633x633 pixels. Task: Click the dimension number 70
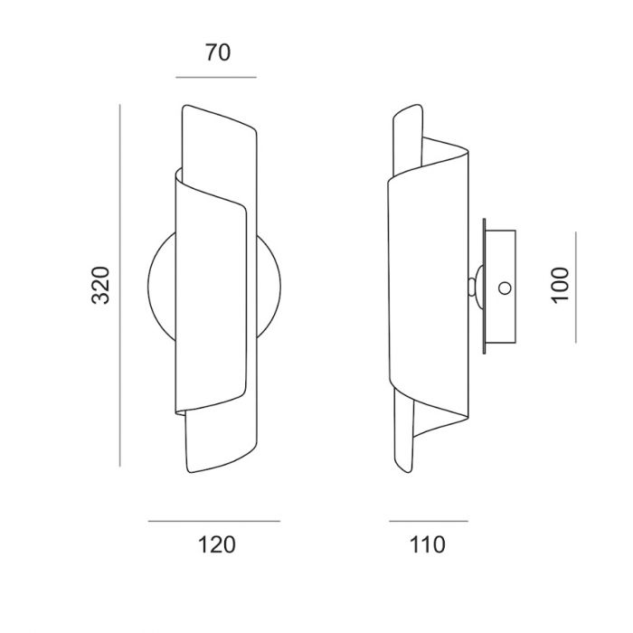pos(218,52)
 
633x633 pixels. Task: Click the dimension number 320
pos(100,285)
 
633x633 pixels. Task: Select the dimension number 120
pos(216,544)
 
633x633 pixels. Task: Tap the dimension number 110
pos(428,544)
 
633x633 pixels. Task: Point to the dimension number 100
pos(560,285)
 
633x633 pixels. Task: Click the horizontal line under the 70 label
pos(216,77)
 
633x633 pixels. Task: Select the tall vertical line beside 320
pos(120,286)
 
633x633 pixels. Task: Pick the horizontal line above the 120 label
pos(214,521)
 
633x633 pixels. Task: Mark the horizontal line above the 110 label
pos(429,521)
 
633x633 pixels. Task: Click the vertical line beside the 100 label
pos(576,287)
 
